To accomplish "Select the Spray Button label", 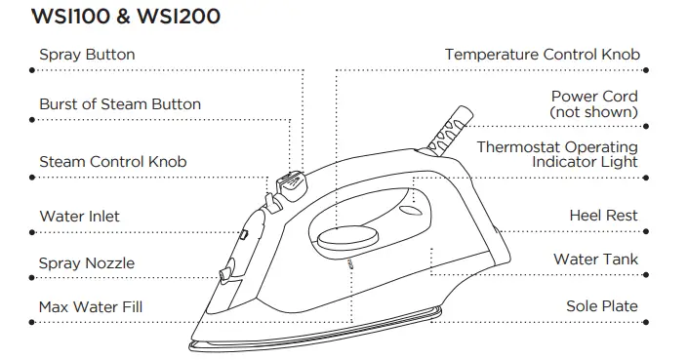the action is coord(87,55).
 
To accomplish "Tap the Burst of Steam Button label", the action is coord(120,104).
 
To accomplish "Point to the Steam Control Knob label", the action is coord(112,161).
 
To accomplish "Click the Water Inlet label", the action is coord(79,216).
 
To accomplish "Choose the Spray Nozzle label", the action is coord(87,263).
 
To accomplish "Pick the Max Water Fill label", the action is coord(91,307).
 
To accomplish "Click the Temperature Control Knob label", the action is coord(543,55).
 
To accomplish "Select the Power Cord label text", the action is coord(594,97).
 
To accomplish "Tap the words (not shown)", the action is coord(593,112).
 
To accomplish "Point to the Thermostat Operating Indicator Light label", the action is coord(557,154).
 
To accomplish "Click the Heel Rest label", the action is coord(603,216).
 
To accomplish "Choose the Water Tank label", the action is coord(595,260).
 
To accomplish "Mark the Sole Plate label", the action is coord(601,306).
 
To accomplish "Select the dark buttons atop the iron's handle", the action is coord(290,181).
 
